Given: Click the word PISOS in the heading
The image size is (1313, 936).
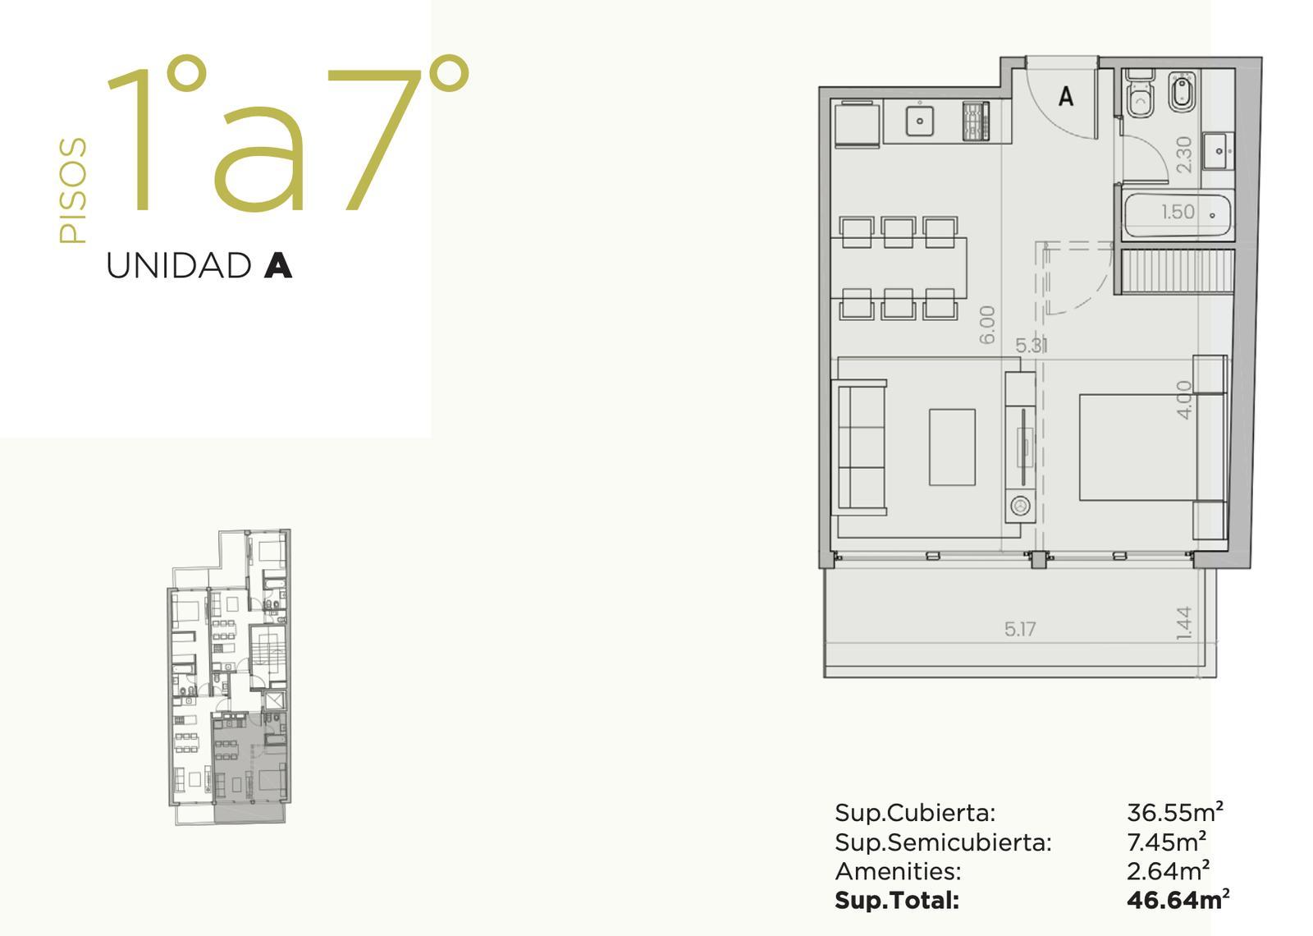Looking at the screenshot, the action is pos(73,190).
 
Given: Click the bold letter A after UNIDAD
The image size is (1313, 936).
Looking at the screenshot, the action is pos(278,266).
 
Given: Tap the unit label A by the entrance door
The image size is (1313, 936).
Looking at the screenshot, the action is pos(1066,96).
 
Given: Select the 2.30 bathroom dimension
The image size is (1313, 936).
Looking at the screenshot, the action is pos(1184,155).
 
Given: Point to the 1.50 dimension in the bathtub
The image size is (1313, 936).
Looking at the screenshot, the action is pos(1178,212).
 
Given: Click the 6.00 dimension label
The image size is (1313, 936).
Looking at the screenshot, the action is pos(987,325).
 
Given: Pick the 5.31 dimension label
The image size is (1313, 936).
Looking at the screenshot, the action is pos(1032,346).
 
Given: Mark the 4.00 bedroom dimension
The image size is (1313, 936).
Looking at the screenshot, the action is pos(1184,400).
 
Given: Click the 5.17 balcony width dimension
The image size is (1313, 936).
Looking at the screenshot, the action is pos(1020,629).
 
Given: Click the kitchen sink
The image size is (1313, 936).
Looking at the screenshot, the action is pos(920,121).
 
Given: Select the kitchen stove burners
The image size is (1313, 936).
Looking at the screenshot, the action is pos(976,122).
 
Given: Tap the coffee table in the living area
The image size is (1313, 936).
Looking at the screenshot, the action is pos(952,447).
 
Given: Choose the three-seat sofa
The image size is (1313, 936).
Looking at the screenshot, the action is pos(860,448).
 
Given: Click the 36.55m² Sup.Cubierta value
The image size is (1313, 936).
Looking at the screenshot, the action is pos(1175,813).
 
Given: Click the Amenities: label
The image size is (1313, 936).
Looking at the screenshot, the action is pos(898,871).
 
